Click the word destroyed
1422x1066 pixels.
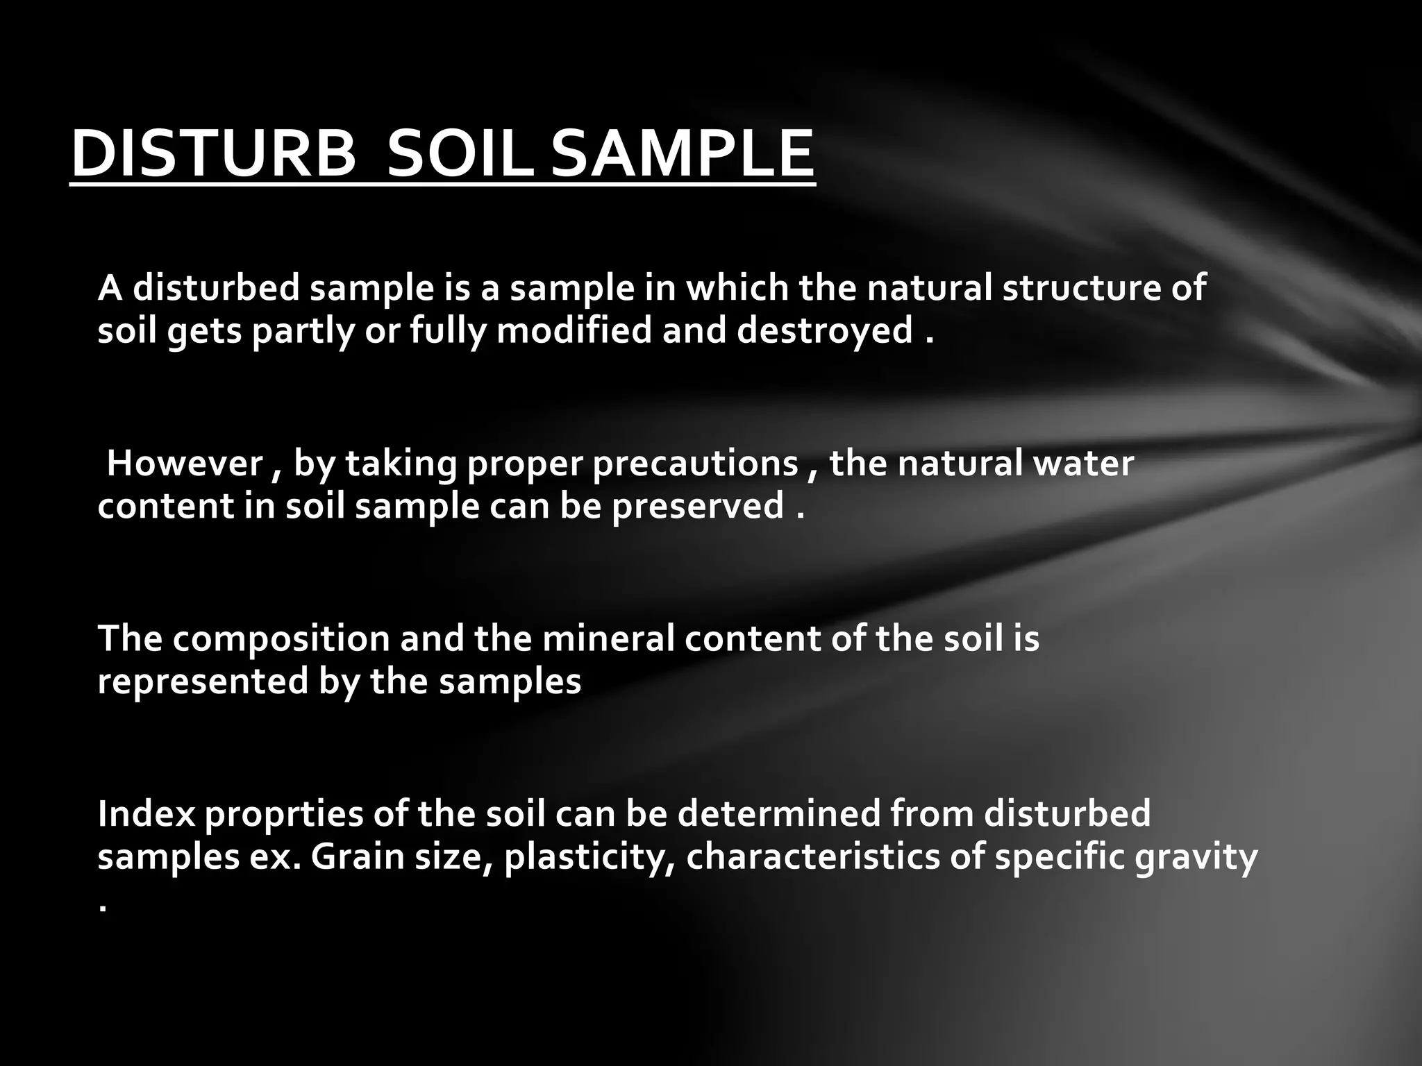[x=824, y=330]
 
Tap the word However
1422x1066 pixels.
[x=185, y=463]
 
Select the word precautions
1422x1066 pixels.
[x=695, y=464]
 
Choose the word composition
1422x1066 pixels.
[x=281, y=639]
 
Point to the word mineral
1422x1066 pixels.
[x=608, y=638]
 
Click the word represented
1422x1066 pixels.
[x=203, y=682]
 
